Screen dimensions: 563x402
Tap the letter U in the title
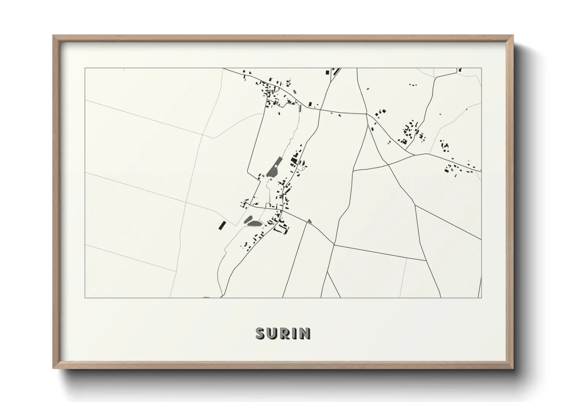pyautogui.click(x=273, y=333)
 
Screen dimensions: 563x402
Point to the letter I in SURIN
pyautogui.click(x=295, y=333)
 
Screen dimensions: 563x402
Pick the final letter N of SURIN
pyautogui.click(x=305, y=333)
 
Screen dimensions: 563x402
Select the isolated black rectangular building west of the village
pyautogui.click(x=221, y=225)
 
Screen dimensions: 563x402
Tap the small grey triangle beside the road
pyautogui.click(x=310, y=221)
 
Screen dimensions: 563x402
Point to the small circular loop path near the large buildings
pyautogui.click(x=303, y=168)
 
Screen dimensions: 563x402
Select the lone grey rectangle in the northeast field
pyautogui.click(x=367, y=89)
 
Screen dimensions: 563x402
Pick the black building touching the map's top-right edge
pyautogui.click(x=460, y=70)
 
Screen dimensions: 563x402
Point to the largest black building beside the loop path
pyautogui.click(x=294, y=160)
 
